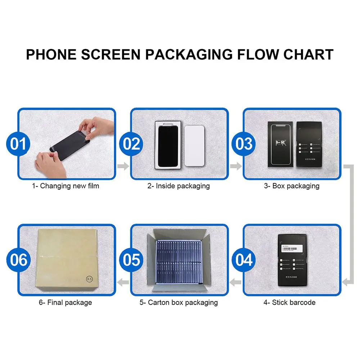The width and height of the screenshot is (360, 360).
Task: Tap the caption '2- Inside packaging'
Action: [179, 186]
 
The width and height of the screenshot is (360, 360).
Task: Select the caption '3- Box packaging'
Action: [292, 186]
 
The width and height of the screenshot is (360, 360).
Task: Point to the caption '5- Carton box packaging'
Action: [179, 302]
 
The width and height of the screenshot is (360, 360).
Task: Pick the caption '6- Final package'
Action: [65, 302]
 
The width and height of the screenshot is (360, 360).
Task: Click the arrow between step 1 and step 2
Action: [123, 166]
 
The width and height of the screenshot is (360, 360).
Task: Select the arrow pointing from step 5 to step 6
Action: [124, 282]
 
